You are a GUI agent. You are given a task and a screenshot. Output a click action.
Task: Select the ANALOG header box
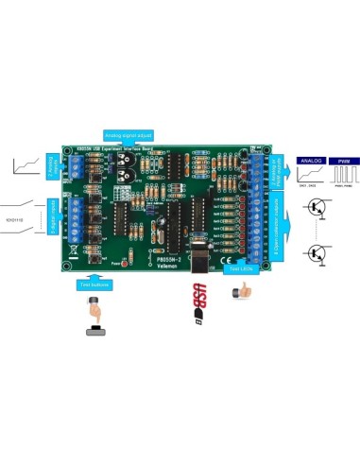312,163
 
